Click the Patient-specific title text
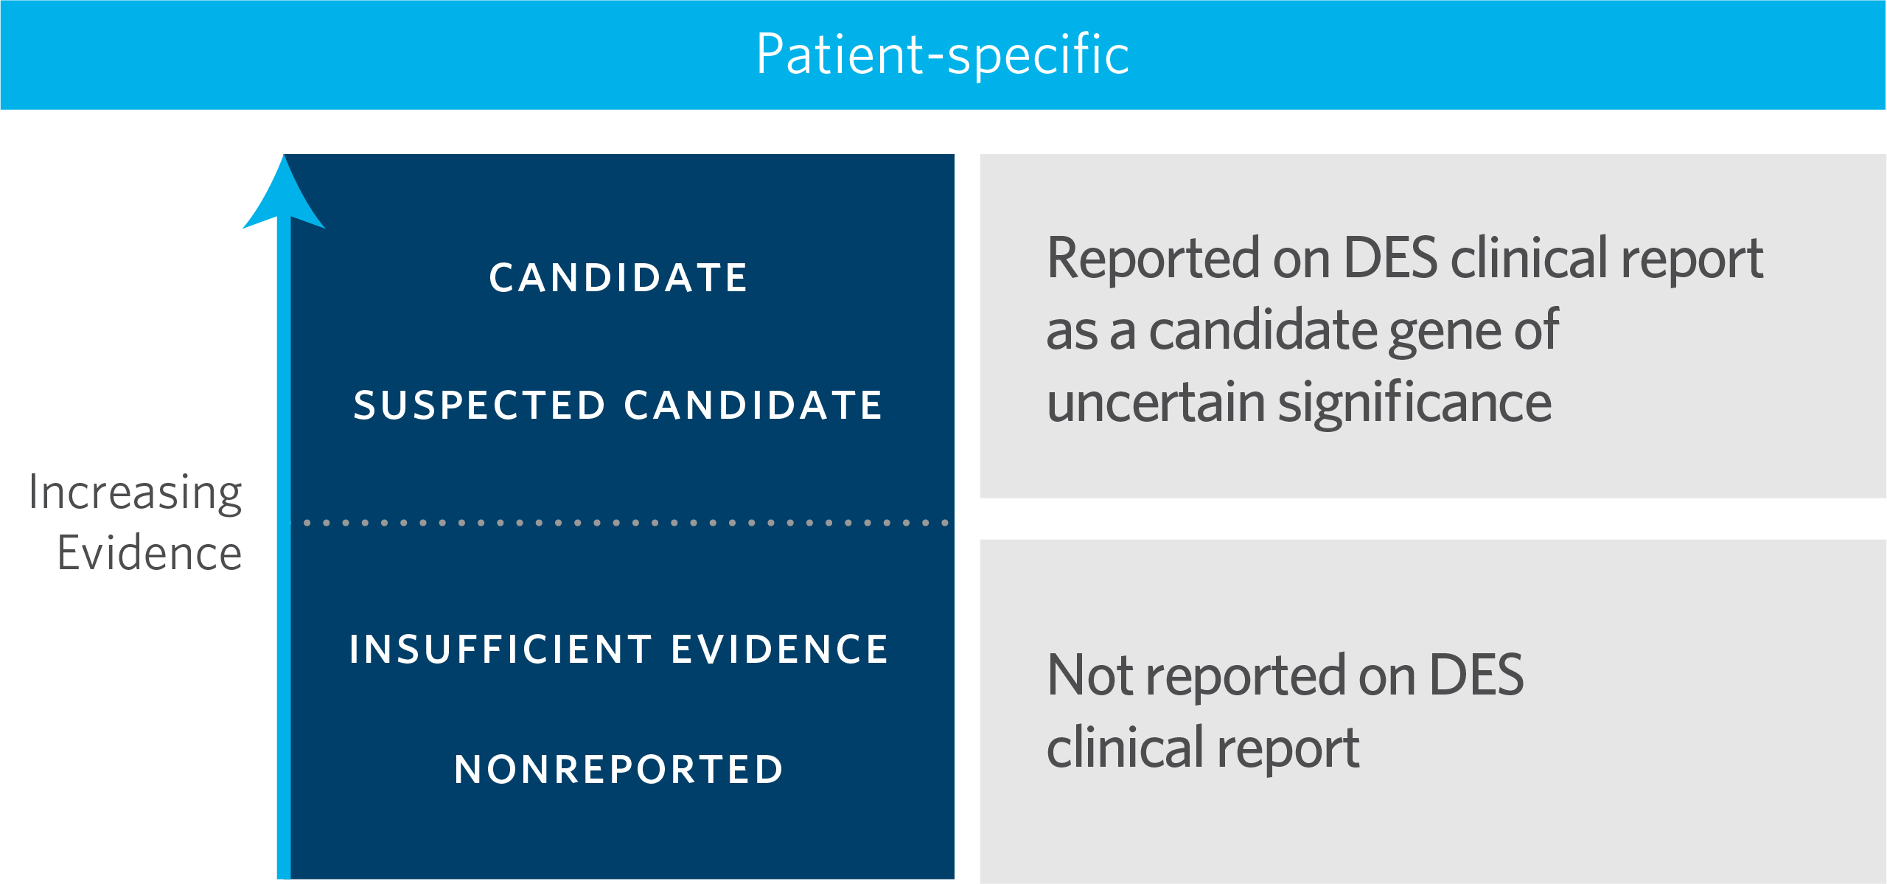click(x=943, y=55)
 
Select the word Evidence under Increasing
click(x=150, y=553)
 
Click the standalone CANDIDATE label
click(x=619, y=278)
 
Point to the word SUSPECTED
click(x=479, y=406)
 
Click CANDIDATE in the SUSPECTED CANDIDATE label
click(x=753, y=406)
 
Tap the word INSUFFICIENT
click(x=501, y=650)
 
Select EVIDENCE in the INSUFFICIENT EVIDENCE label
click(x=780, y=650)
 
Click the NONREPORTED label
click(x=619, y=770)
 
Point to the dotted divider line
click(x=626, y=523)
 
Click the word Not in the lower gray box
click(x=1085, y=675)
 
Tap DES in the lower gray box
click(x=1476, y=675)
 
